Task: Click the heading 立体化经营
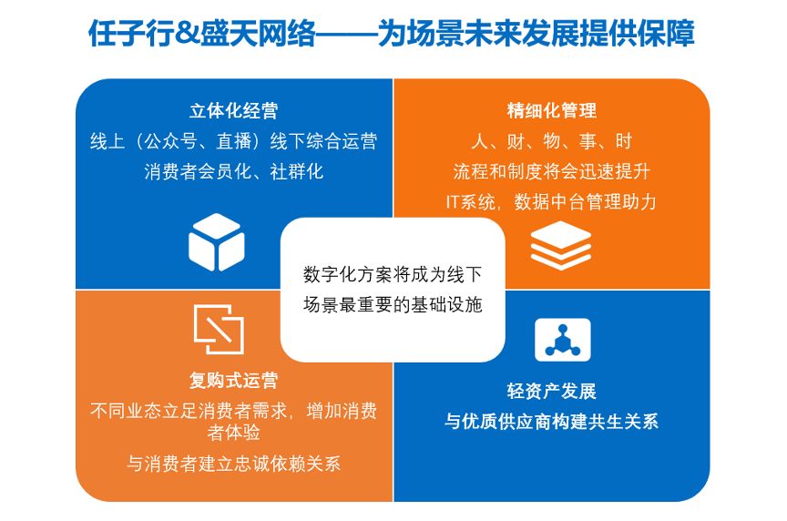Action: coord(233,110)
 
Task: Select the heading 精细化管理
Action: coord(552,110)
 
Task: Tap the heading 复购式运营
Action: coord(233,381)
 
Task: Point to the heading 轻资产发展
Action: coord(552,391)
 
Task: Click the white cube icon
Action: coord(216,242)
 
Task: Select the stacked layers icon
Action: coord(560,245)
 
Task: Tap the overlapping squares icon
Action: coord(219,329)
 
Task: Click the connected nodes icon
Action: coord(563,340)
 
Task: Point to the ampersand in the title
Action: coord(188,34)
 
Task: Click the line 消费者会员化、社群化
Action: coord(233,171)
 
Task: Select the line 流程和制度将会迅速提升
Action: coord(552,171)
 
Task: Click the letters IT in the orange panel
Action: coord(454,202)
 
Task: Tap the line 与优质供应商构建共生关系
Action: coord(552,422)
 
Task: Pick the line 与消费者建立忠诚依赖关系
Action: coord(233,464)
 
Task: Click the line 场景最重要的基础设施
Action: coord(393,304)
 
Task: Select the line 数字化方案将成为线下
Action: coord(393,274)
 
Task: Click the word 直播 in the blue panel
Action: coord(233,141)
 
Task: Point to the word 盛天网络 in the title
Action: coord(258,34)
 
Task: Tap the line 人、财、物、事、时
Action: coord(552,141)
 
